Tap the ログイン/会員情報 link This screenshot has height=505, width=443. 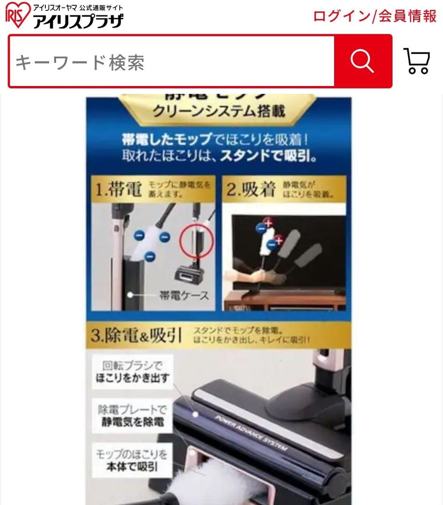(374, 16)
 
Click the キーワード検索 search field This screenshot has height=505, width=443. (171, 61)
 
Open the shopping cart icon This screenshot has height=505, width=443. (416, 61)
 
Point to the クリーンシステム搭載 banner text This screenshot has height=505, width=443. (219, 111)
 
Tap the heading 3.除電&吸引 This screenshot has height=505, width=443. (136, 335)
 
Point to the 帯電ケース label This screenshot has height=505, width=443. (184, 296)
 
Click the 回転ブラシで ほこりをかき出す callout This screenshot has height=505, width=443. (132, 372)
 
